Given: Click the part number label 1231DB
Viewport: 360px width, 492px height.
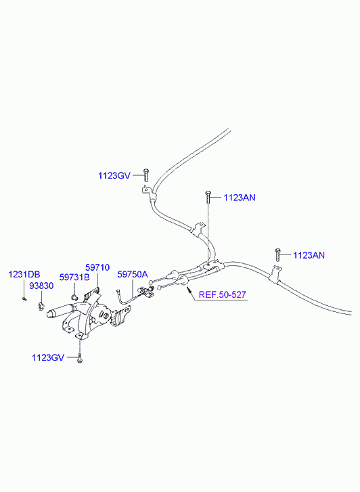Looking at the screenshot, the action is click(x=24, y=274).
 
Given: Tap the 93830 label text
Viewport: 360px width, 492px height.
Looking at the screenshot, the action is click(x=41, y=286).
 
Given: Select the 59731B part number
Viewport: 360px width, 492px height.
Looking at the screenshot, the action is click(x=74, y=277).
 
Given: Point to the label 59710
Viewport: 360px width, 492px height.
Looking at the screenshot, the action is click(x=97, y=267).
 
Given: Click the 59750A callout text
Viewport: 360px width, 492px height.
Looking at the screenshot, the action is click(x=133, y=275).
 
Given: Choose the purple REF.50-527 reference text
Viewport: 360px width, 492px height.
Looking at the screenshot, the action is click(x=223, y=295).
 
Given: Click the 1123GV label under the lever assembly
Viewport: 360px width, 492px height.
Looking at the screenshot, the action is click(x=48, y=358).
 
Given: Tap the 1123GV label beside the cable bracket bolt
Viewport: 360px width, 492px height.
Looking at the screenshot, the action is click(x=114, y=175).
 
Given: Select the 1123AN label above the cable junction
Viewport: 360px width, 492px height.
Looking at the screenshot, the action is click(x=240, y=198).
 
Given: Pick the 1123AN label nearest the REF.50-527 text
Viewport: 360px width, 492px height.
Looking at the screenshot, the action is click(x=309, y=255).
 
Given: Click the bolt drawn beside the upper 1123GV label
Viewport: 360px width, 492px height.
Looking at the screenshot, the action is click(x=145, y=175).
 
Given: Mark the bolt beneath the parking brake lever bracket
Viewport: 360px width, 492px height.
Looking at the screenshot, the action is click(x=80, y=358).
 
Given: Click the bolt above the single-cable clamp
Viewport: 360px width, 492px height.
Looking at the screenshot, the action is click(x=277, y=254).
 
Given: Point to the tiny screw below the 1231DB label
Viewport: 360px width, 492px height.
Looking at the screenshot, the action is click(x=24, y=298).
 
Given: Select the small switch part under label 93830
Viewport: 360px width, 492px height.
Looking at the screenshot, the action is click(x=41, y=306).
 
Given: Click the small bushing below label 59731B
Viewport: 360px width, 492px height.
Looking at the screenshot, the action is click(x=74, y=297).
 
